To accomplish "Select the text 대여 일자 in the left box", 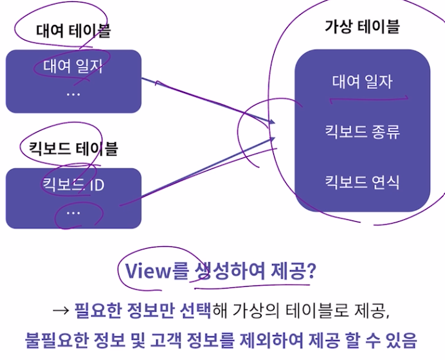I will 73,66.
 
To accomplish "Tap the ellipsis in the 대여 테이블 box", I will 73,93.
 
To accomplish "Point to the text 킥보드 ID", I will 73,186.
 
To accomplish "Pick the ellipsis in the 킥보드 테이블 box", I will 73,211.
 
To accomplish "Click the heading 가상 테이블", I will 363,26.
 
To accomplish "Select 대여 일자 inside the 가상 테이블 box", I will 362,82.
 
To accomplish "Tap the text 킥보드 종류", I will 362,132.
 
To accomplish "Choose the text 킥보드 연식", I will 362,182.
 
